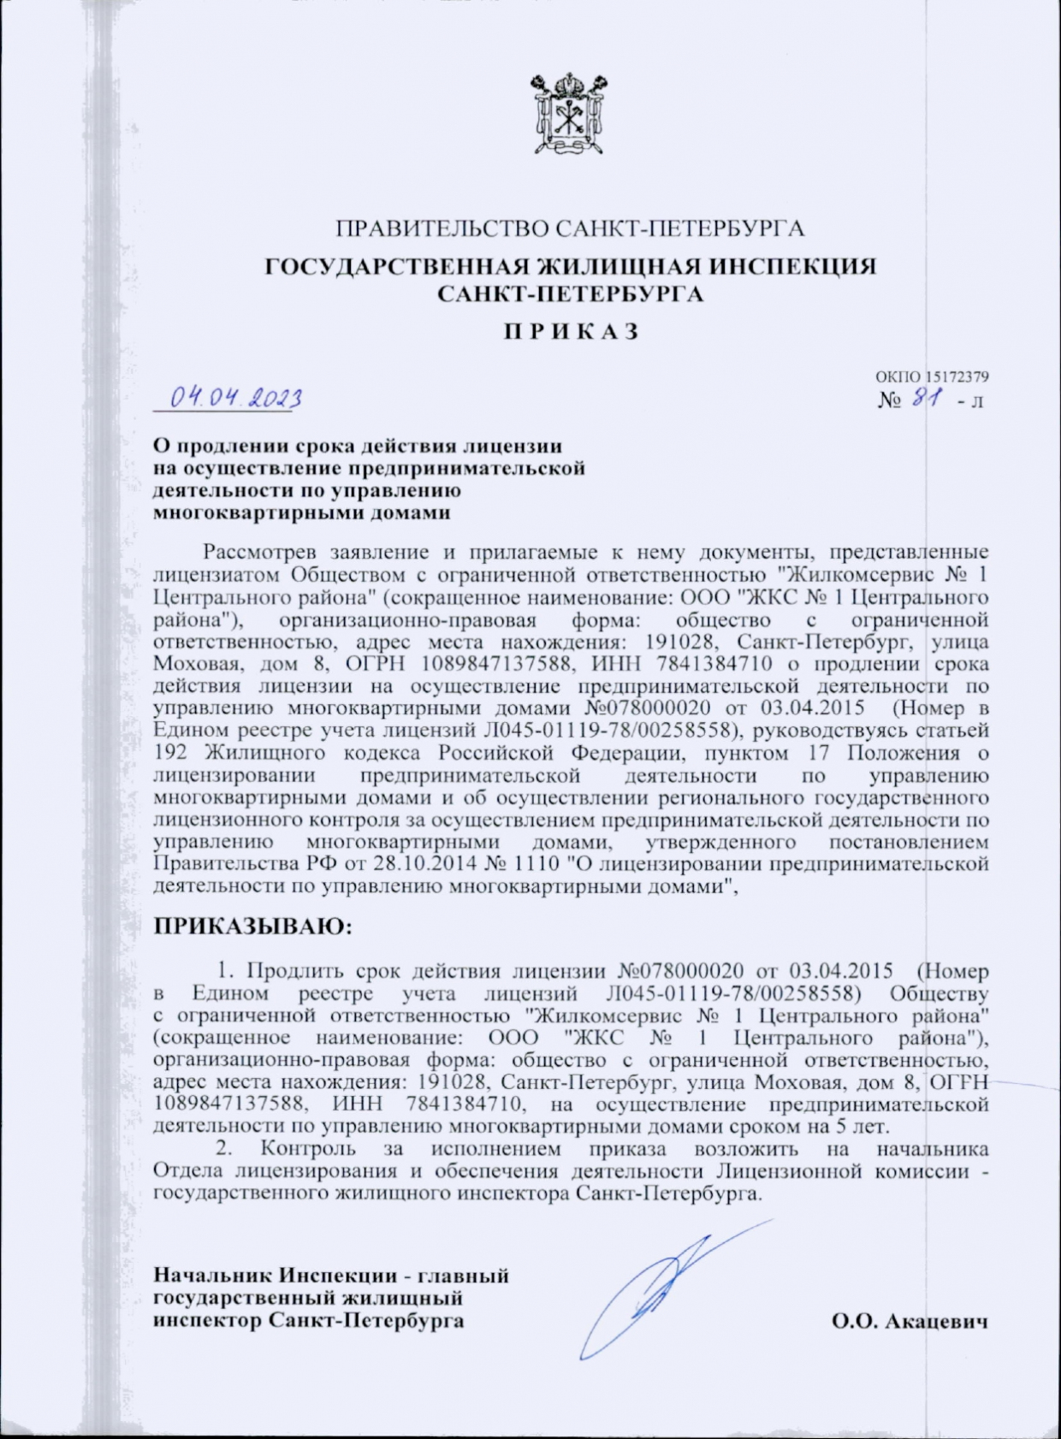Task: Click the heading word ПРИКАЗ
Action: (570, 332)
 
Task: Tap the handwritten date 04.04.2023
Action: (235, 398)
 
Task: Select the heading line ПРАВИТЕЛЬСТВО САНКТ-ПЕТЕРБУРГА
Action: (569, 229)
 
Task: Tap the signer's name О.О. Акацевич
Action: (910, 1322)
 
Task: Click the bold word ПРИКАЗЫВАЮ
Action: (252, 927)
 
